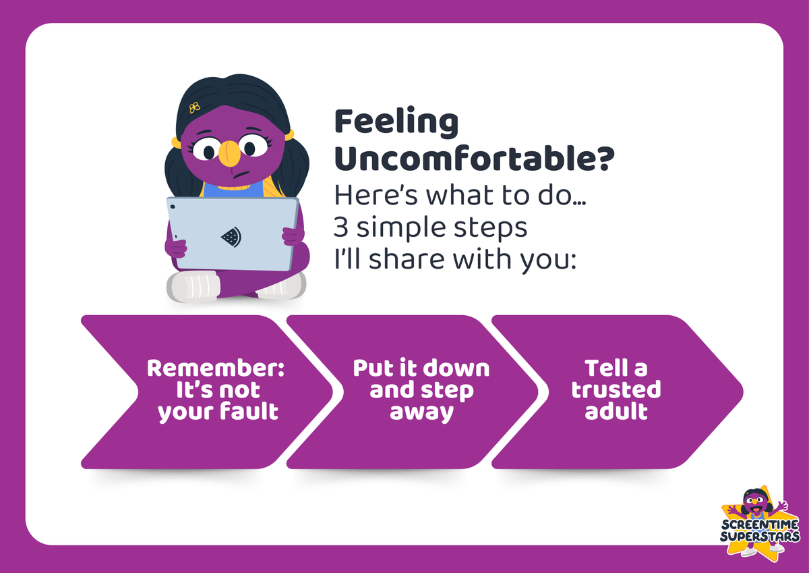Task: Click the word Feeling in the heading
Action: click(396, 124)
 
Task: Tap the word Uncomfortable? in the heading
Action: click(474, 159)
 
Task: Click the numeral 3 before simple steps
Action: click(340, 227)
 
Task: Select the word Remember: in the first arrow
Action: click(216, 368)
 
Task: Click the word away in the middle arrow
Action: click(421, 413)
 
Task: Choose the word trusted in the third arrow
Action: click(616, 389)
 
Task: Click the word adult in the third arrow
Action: click(616, 410)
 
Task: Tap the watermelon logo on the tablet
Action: click(231, 237)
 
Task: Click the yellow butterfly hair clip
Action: click(194, 107)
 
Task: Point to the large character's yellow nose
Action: click(229, 153)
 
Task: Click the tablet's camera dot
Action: click(173, 207)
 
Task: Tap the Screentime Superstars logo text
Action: click(760, 530)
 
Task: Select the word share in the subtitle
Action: click(407, 259)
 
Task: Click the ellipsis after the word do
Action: click(579, 203)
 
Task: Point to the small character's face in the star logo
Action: click(755, 503)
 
